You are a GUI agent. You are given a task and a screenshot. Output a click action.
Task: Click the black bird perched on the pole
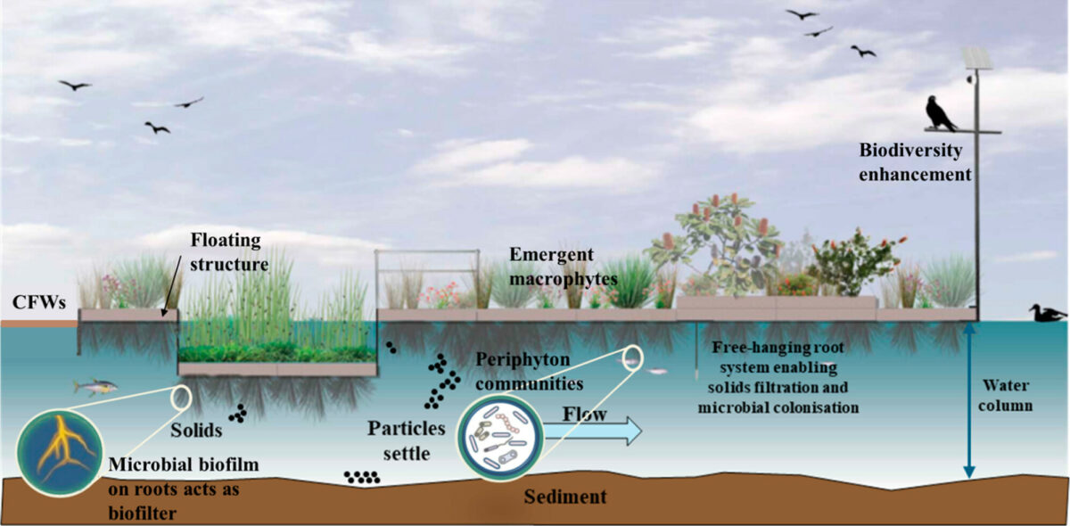click(x=940, y=113)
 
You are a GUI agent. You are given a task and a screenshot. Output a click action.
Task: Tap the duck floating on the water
click(x=1046, y=312)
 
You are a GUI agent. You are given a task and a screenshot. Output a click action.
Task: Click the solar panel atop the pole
click(x=976, y=59)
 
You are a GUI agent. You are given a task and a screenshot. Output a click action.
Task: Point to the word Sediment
click(x=564, y=497)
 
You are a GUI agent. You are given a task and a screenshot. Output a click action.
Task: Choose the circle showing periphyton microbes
click(x=498, y=433)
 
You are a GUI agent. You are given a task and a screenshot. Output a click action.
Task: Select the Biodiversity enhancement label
click(x=914, y=162)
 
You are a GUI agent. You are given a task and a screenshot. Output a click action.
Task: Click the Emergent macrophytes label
click(x=564, y=267)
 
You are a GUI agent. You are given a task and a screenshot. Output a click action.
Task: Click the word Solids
click(x=197, y=430)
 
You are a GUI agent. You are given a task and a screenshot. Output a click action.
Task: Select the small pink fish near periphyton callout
click(x=656, y=371)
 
